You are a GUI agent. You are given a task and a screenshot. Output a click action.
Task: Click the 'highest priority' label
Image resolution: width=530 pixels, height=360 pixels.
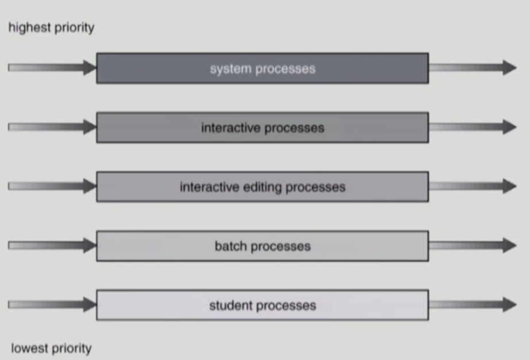pos(51,28)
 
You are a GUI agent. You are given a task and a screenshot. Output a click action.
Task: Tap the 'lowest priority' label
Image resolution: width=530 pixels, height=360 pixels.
pos(51,348)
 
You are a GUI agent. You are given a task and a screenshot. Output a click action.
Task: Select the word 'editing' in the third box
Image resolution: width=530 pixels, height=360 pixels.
pos(259,187)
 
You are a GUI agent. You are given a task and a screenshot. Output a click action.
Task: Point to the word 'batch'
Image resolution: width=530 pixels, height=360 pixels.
pos(229,246)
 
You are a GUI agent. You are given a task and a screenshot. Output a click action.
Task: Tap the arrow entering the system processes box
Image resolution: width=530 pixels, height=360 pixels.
pos(52,68)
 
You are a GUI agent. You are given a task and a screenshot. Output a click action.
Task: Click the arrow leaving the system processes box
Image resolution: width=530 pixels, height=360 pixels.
pos(472,68)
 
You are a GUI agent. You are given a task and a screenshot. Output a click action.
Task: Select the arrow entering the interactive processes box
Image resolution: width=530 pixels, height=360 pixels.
pos(52,127)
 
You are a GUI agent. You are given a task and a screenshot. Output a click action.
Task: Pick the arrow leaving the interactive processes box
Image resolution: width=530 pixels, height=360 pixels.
pos(472,127)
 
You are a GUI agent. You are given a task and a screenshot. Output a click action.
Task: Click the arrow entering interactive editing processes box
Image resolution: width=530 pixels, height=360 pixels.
pos(52,186)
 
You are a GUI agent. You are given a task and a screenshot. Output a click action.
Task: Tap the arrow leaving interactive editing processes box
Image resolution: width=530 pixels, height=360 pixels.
pos(472,186)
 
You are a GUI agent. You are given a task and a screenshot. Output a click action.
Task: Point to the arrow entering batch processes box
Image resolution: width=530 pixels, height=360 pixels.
pos(52,245)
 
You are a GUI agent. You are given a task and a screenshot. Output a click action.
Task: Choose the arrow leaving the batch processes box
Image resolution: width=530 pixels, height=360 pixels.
pos(472,245)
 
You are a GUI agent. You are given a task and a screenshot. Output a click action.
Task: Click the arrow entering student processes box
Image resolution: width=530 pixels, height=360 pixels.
pos(52,304)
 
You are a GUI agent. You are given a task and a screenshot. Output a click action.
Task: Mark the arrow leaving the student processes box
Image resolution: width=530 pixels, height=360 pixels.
pos(472,304)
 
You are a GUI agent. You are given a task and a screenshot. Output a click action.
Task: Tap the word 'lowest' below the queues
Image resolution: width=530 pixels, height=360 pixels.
pos(28,348)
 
